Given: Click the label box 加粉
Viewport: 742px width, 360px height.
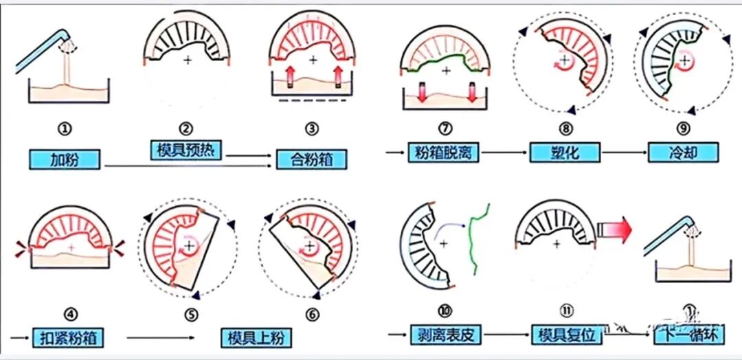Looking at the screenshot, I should pyautogui.click(x=65, y=159).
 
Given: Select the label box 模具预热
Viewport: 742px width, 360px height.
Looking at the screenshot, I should pyautogui.click(x=185, y=150).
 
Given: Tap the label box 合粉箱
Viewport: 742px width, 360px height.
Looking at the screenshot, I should pyautogui.click(x=313, y=159).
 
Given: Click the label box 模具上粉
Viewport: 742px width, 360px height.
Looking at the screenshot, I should pyautogui.click(x=255, y=337).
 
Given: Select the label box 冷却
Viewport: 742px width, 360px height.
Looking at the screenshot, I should pyautogui.click(x=683, y=152).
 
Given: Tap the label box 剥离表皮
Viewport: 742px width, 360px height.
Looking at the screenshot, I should pyautogui.click(x=446, y=335).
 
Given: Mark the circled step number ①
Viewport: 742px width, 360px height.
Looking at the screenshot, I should pyautogui.click(x=66, y=128).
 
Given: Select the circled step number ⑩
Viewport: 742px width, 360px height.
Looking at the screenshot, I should pyautogui.click(x=445, y=311).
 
